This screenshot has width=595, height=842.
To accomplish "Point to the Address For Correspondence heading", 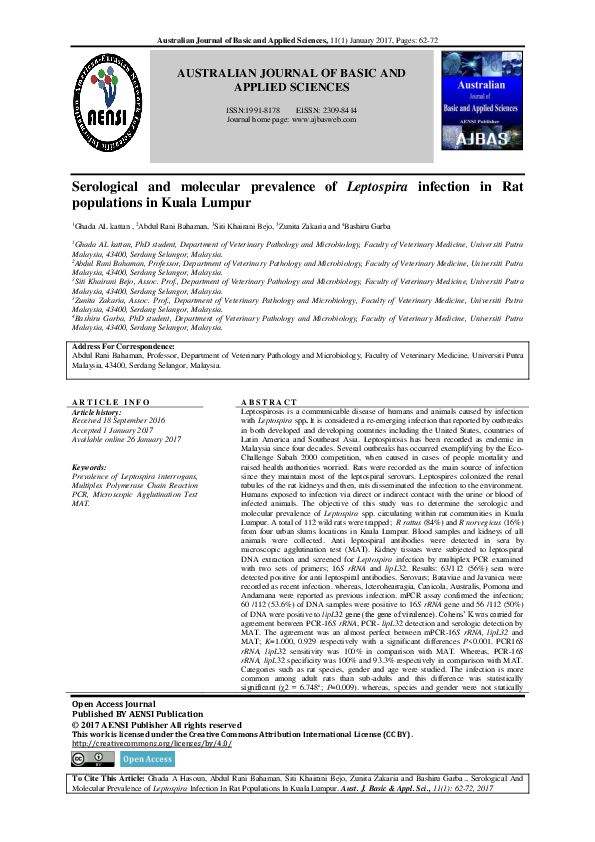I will tap(123, 346).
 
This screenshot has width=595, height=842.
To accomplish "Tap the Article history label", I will tap(97, 411).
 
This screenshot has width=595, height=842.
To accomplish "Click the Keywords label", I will tap(90, 467).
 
